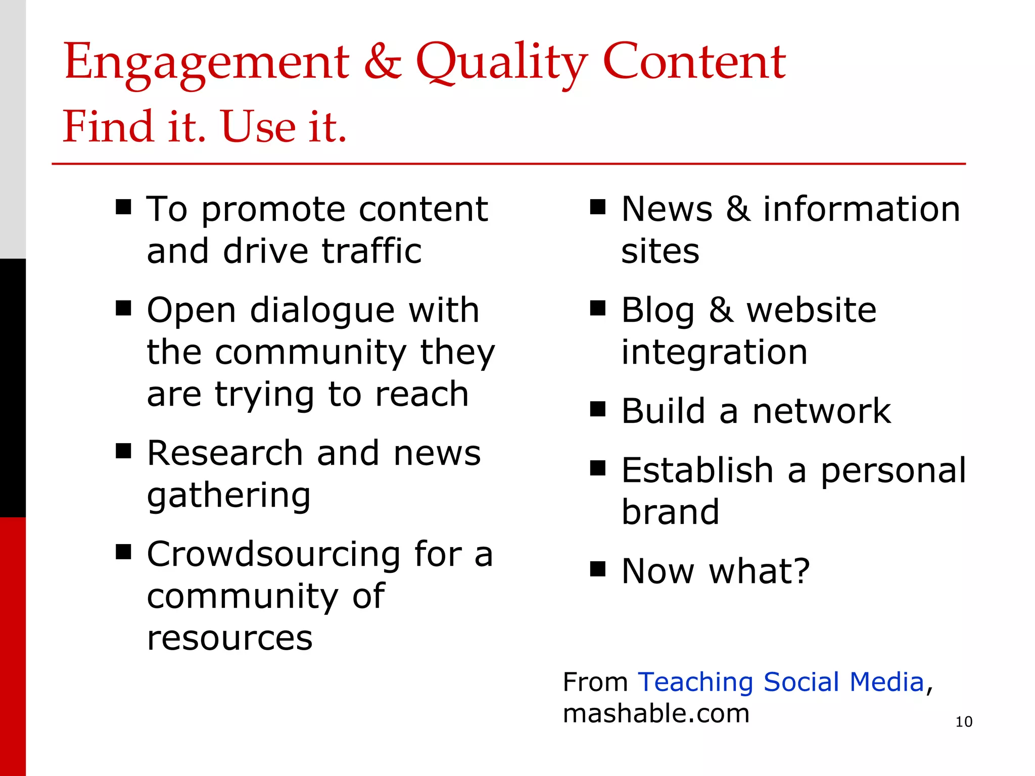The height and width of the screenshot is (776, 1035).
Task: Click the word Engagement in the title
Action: [207, 63]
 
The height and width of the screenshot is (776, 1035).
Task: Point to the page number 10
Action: [964, 721]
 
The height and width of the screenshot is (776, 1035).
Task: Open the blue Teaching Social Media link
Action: [781, 682]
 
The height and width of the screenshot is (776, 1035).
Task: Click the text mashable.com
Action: [656, 713]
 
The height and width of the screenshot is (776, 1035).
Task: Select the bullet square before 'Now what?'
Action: [598, 569]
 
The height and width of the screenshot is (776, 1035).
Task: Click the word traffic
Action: [371, 251]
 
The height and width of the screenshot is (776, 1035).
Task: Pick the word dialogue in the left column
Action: [322, 310]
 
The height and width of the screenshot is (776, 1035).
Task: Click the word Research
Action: [225, 453]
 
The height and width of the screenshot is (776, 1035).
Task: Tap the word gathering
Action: [228, 496]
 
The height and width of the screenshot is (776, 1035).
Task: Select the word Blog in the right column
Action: [657, 310]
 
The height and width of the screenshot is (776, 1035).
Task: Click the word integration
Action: [714, 352]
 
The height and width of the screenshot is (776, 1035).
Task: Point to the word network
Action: [821, 411]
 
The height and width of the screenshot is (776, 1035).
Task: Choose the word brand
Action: [670, 512]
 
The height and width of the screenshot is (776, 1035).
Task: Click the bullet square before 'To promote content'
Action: [123, 207]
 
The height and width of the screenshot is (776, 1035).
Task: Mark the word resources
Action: [229, 638]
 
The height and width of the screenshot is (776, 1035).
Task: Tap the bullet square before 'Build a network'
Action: [598, 409]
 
